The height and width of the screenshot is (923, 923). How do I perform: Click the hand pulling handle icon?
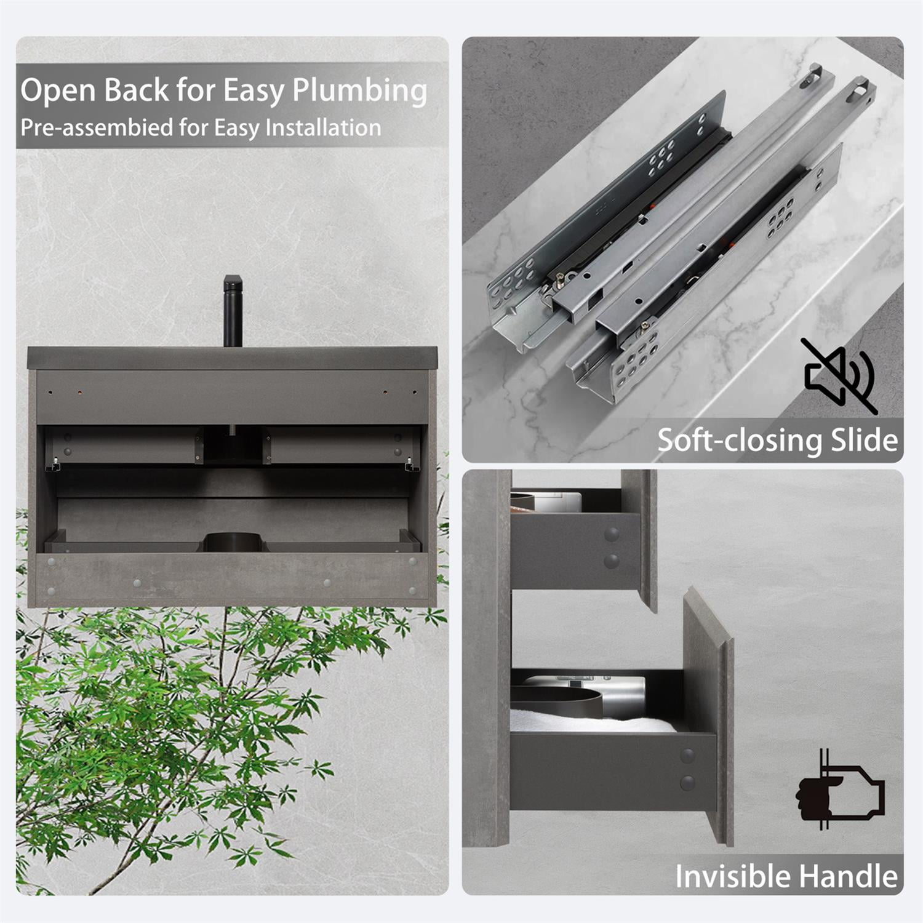click(x=839, y=791)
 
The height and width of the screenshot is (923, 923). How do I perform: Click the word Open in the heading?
click(x=58, y=91)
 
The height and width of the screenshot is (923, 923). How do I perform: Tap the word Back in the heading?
click(x=136, y=90)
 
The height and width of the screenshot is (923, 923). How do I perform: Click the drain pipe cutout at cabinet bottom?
click(x=233, y=541)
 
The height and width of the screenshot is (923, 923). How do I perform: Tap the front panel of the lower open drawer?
click(x=708, y=714)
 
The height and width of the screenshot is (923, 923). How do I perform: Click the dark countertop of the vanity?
click(x=232, y=358)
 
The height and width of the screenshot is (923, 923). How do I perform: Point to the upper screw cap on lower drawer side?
click(x=687, y=756)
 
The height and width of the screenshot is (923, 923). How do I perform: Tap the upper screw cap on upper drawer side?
click(x=611, y=535)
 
